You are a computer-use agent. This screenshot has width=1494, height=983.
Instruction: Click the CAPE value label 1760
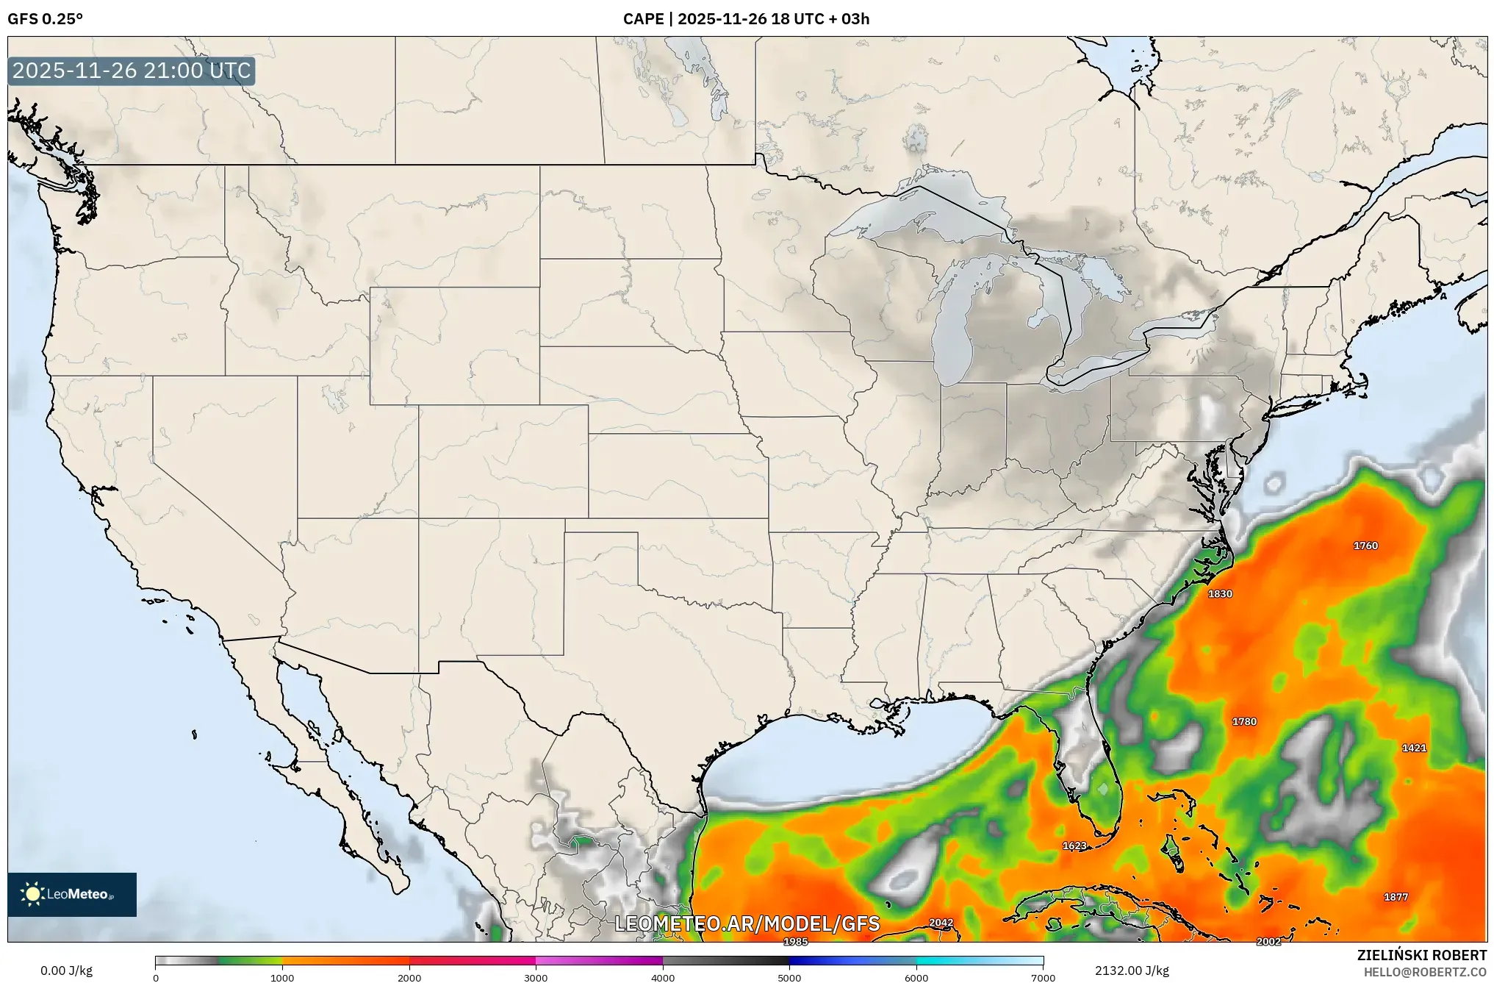(1365, 546)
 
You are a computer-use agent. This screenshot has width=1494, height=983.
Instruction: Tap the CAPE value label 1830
(1220, 594)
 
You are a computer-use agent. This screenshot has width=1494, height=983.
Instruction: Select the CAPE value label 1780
(1244, 722)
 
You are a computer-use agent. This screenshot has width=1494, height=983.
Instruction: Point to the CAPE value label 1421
(1414, 748)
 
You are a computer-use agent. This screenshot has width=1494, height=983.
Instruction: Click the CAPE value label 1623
(1074, 846)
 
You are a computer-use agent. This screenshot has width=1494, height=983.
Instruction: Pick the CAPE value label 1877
(1396, 897)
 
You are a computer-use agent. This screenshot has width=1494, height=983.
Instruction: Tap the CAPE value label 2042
(941, 923)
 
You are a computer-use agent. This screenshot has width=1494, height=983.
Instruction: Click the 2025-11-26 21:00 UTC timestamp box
(132, 71)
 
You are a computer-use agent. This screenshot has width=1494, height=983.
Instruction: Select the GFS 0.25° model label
(46, 19)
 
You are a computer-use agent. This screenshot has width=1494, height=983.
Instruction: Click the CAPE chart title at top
(746, 19)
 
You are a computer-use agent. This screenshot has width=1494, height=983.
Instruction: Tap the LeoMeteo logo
(72, 895)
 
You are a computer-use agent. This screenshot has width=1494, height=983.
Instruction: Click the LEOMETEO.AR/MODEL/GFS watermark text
(747, 924)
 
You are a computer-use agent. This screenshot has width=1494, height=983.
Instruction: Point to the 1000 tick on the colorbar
(282, 978)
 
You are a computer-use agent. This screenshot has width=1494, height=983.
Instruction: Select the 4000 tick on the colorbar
(663, 978)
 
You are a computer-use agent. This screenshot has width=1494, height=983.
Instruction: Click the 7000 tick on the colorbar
(1043, 978)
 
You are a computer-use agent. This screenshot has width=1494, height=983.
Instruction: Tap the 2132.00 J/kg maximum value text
(1132, 971)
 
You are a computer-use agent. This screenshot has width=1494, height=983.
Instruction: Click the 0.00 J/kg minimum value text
(66, 971)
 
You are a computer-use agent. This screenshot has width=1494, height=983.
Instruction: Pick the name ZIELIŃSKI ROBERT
(1421, 955)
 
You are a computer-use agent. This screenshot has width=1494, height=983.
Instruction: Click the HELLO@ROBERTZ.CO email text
(1425, 972)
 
